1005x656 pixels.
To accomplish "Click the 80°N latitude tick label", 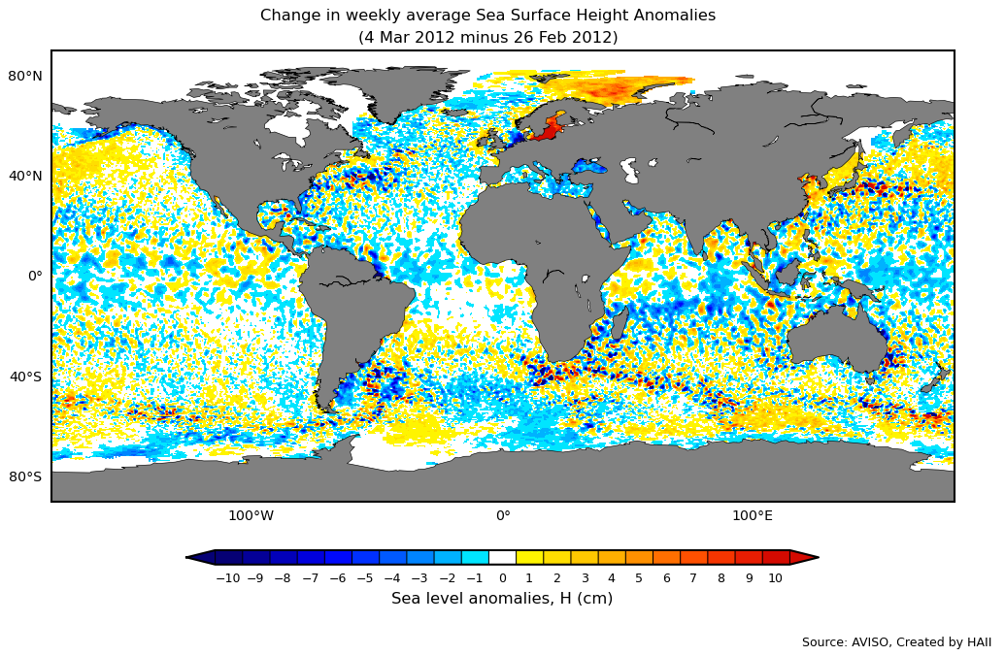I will [x=25, y=76].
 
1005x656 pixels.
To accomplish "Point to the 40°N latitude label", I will [x=25, y=176].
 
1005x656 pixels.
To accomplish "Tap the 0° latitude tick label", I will [x=35, y=276].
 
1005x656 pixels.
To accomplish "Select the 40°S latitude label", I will [x=25, y=377].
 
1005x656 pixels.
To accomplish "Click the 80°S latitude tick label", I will [x=25, y=476].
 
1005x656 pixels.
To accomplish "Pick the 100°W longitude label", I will [x=251, y=515].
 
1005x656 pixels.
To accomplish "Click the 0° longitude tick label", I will [x=503, y=515].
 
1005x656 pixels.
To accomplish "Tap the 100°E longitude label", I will [x=753, y=515].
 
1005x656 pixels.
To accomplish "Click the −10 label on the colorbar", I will [x=227, y=578].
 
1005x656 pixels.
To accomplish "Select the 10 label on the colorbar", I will [x=775, y=578].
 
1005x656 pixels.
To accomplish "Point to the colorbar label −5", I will [x=364, y=578].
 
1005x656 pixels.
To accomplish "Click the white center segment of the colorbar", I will [x=502, y=557].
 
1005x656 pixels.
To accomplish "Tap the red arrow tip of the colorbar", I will [x=804, y=557].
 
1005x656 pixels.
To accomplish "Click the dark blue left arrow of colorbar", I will [x=200, y=557].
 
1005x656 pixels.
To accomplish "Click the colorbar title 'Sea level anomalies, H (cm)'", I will [x=502, y=599].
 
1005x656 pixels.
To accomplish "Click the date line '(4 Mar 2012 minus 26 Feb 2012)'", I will [x=487, y=38].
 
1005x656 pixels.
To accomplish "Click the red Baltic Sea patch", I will [x=550, y=127].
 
